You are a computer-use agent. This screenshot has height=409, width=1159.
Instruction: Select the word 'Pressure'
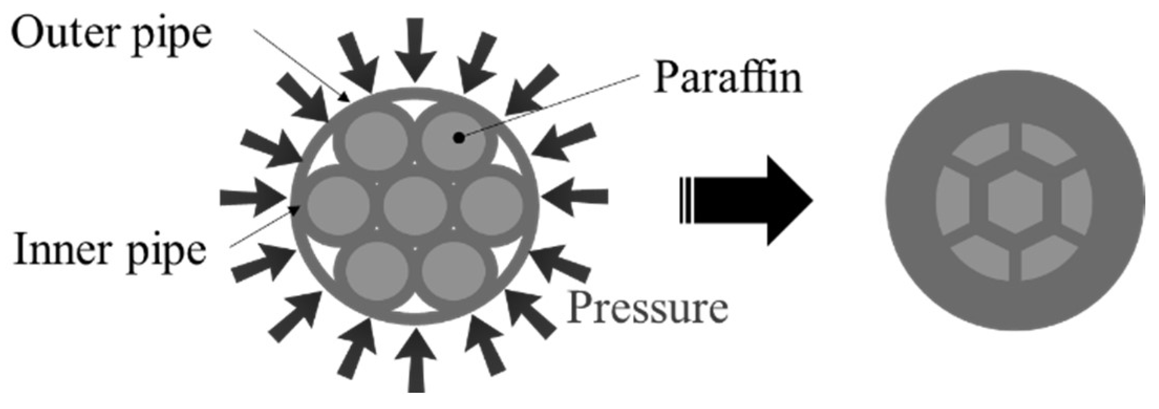click(x=648, y=308)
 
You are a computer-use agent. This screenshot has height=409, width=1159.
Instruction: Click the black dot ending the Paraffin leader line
click(x=459, y=138)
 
